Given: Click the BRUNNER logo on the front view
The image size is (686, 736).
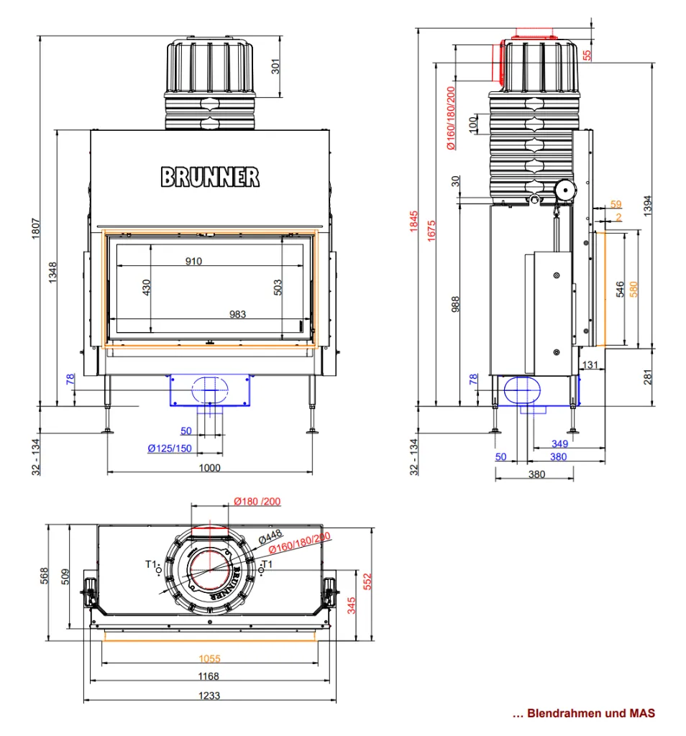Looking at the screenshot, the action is (210, 177).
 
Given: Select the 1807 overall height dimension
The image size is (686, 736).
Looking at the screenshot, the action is (36, 228).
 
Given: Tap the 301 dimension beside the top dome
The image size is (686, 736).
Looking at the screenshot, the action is (275, 66).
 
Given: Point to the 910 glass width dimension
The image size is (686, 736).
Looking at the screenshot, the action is (193, 261).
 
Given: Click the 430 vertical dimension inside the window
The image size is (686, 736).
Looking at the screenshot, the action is (146, 287).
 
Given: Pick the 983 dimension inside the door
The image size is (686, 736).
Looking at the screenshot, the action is (237, 314).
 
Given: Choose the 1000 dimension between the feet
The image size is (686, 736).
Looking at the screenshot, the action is (209, 467).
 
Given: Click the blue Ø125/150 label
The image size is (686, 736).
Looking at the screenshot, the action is (170, 448).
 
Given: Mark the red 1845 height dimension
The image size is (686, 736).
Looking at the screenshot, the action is (413, 221).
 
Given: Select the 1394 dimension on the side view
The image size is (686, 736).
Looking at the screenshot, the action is (648, 206).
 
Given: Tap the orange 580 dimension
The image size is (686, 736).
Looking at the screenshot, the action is (634, 289).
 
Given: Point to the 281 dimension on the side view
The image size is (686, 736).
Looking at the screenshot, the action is (648, 377).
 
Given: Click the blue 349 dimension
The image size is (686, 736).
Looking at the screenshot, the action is (559, 443).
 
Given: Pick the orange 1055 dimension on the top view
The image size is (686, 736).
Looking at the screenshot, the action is (209, 658).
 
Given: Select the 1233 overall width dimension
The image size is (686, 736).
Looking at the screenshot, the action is (209, 695).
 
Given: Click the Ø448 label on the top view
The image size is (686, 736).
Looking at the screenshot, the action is (270, 536).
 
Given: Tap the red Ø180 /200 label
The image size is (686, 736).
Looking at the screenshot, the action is (257, 501).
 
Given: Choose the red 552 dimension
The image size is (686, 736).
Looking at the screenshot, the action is (367, 581).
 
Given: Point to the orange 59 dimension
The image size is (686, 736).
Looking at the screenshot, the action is (616, 204).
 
